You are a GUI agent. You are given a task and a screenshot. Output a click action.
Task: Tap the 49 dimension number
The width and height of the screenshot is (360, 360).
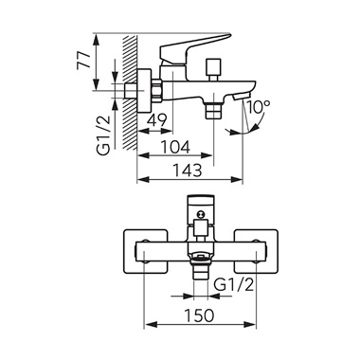(157, 120)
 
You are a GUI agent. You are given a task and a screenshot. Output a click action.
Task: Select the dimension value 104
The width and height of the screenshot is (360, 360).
(175, 147)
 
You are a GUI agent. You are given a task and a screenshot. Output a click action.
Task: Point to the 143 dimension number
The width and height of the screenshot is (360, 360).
(187, 171)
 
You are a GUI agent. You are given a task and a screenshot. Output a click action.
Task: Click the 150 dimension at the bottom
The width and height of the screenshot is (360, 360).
(200, 315)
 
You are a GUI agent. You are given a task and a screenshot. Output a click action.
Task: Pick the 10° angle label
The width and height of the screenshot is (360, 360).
(259, 107)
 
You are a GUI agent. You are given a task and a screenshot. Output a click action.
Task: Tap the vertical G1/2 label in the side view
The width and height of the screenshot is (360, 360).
(104, 135)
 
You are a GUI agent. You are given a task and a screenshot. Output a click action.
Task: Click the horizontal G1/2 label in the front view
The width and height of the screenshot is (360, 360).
(234, 285)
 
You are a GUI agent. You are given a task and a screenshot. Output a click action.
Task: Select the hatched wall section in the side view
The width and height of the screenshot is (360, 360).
(130, 93)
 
